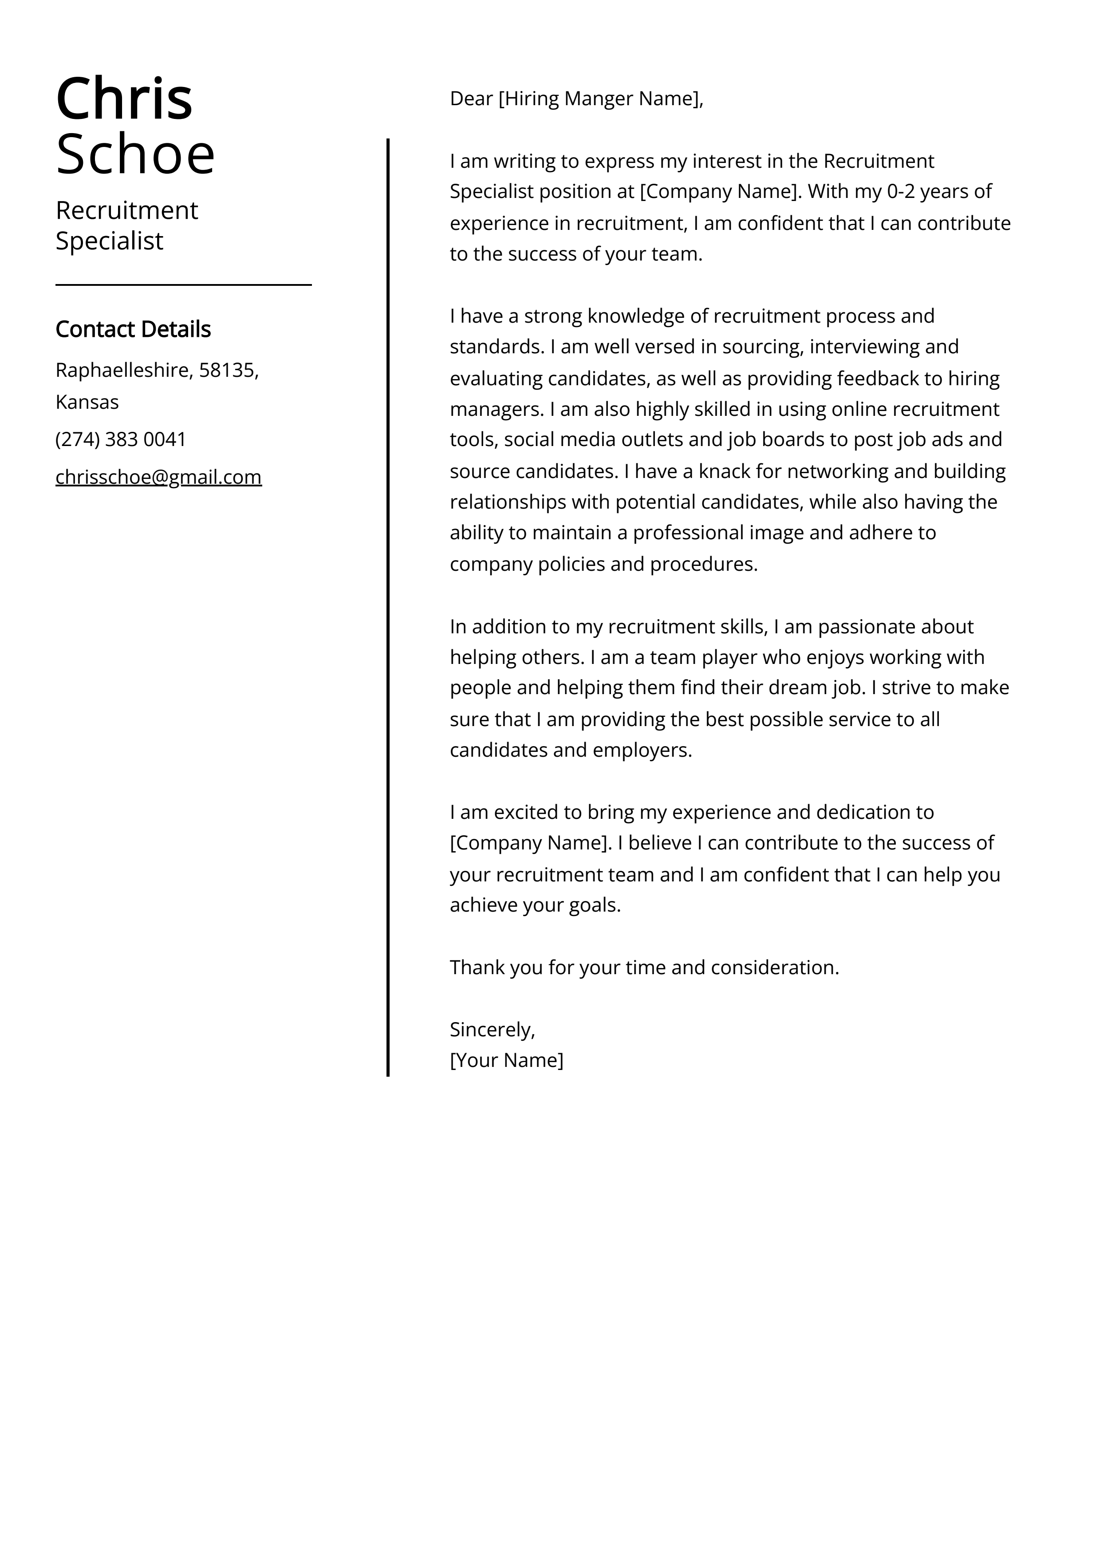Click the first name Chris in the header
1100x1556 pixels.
pyautogui.click(x=124, y=99)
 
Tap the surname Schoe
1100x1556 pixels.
pyautogui.click(x=135, y=154)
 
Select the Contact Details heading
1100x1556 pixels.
pyautogui.click(x=133, y=329)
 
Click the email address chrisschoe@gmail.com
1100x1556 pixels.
pyautogui.click(x=158, y=477)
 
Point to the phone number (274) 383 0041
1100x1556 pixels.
pyautogui.click(x=121, y=439)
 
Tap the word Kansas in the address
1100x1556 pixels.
pyautogui.click(x=87, y=402)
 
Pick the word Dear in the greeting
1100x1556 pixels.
pyautogui.click(x=471, y=99)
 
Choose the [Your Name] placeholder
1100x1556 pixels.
pyautogui.click(x=506, y=1060)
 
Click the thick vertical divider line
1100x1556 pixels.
pyautogui.click(x=388, y=610)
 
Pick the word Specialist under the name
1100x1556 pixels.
pyautogui.click(x=109, y=241)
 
